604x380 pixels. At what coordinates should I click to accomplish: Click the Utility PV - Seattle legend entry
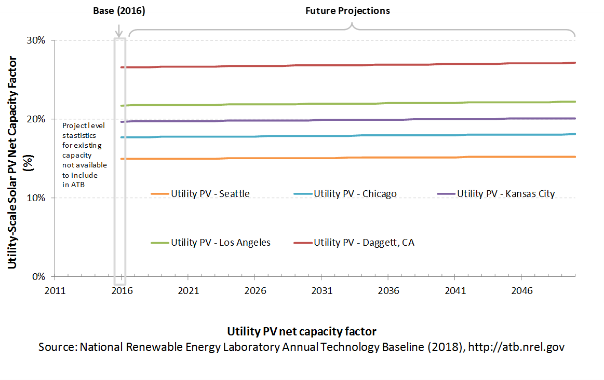click(200, 193)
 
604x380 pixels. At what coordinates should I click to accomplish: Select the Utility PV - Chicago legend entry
click(345, 193)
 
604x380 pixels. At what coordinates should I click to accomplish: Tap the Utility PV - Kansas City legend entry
click(496, 193)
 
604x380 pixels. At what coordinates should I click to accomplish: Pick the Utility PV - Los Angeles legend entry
click(211, 242)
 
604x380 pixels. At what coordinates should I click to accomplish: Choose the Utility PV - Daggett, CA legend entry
click(354, 242)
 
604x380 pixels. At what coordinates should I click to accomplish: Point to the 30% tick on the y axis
click(36, 40)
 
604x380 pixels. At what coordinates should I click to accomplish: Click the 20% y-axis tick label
click(36, 119)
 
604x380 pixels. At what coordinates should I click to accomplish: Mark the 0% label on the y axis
click(38, 276)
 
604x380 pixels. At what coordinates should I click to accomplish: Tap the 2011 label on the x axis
click(55, 291)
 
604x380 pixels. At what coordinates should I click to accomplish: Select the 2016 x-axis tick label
click(122, 291)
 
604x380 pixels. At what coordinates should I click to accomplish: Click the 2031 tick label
click(321, 291)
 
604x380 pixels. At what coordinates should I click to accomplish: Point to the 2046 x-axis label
click(521, 291)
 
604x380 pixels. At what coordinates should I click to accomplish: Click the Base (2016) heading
click(119, 11)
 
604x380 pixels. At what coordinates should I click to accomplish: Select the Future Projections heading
click(347, 11)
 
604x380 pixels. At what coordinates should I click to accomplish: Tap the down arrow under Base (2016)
click(119, 31)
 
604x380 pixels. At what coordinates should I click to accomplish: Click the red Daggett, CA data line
click(348, 65)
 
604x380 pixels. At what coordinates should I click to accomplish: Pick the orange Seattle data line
click(348, 158)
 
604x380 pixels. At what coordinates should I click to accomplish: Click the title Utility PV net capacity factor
click(302, 332)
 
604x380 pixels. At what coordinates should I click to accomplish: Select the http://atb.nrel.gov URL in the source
click(516, 347)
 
